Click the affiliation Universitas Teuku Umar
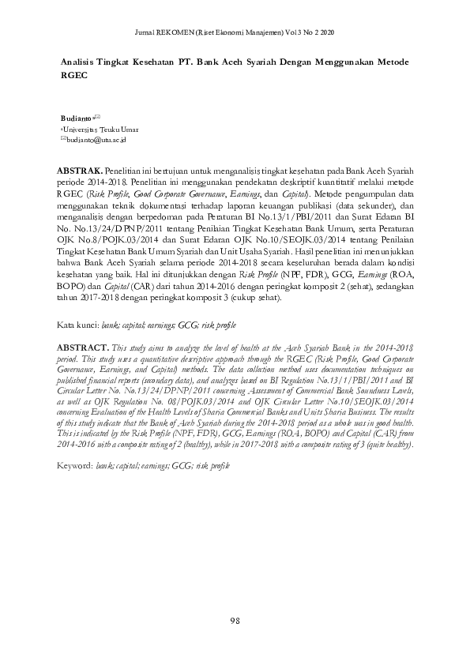(92, 128)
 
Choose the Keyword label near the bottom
(77, 467)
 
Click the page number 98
(235, 622)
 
